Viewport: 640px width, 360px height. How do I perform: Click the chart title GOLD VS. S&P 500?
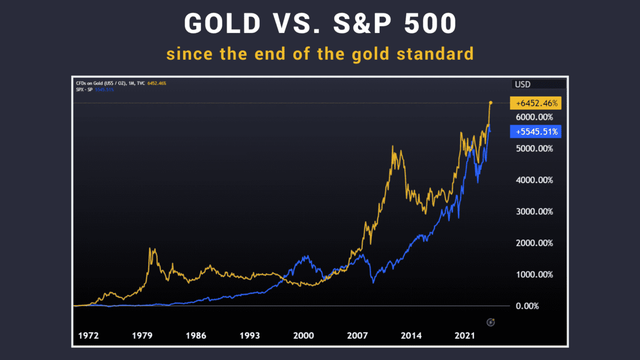(319, 24)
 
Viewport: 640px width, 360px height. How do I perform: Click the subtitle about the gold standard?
(319, 54)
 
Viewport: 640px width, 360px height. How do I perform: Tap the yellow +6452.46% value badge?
(535, 102)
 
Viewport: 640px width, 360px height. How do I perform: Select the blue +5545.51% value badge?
(535, 131)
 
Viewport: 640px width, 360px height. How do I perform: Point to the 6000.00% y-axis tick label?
(535, 117)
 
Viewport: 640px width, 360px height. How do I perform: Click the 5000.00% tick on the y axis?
(535, 149)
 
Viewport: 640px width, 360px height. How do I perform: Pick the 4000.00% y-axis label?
(535, 180)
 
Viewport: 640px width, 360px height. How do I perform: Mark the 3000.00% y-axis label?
(535, 212)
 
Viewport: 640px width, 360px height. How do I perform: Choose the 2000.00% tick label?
(535, 243)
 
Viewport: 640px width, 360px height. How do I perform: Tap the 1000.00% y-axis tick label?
(535, 275)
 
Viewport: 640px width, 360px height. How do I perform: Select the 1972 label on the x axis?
(89, 336)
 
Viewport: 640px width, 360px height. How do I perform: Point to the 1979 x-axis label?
(142, 336)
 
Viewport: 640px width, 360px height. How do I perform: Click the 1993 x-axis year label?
(250, 336)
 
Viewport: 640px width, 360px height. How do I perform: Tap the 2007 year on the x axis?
(357, 336)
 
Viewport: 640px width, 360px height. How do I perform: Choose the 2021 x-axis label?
(465, 336)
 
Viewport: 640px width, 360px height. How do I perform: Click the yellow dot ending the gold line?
(491, 102)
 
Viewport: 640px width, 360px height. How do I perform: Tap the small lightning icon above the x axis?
(492, 322)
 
